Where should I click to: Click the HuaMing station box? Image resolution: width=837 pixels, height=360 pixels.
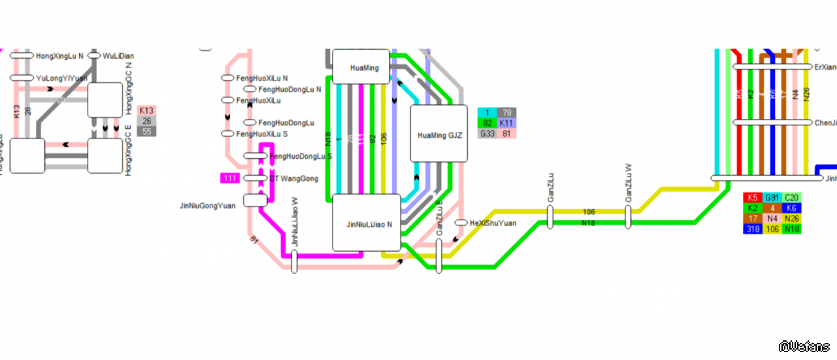point(361,67)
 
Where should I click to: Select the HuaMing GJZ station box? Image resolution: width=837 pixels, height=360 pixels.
point(439,135)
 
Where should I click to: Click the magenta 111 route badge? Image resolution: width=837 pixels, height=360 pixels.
point(230,178)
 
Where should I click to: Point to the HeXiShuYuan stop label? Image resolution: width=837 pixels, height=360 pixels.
point(493,223)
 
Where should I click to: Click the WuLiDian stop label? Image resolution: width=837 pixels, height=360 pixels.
point(118,56)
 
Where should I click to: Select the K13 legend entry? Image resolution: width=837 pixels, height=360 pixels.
point(147,111)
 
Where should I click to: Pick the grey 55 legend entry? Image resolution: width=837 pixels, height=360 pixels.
point(147,132)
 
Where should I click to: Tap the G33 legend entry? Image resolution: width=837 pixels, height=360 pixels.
point(487,134)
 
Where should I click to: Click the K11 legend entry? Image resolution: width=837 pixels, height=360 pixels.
point(506,123)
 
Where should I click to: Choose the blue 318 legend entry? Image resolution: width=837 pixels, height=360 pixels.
point(753,229)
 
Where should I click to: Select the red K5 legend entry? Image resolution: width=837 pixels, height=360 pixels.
point(753,197)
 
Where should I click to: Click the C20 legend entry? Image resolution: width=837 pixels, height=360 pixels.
point(792,197)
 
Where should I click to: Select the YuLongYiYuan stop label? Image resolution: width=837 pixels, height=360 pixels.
point(61,78)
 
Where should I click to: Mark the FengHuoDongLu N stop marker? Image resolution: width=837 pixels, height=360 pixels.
point(250,89)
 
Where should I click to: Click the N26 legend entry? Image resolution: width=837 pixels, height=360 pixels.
point(792,218)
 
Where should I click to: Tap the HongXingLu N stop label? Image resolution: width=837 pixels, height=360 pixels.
point(59,56)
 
